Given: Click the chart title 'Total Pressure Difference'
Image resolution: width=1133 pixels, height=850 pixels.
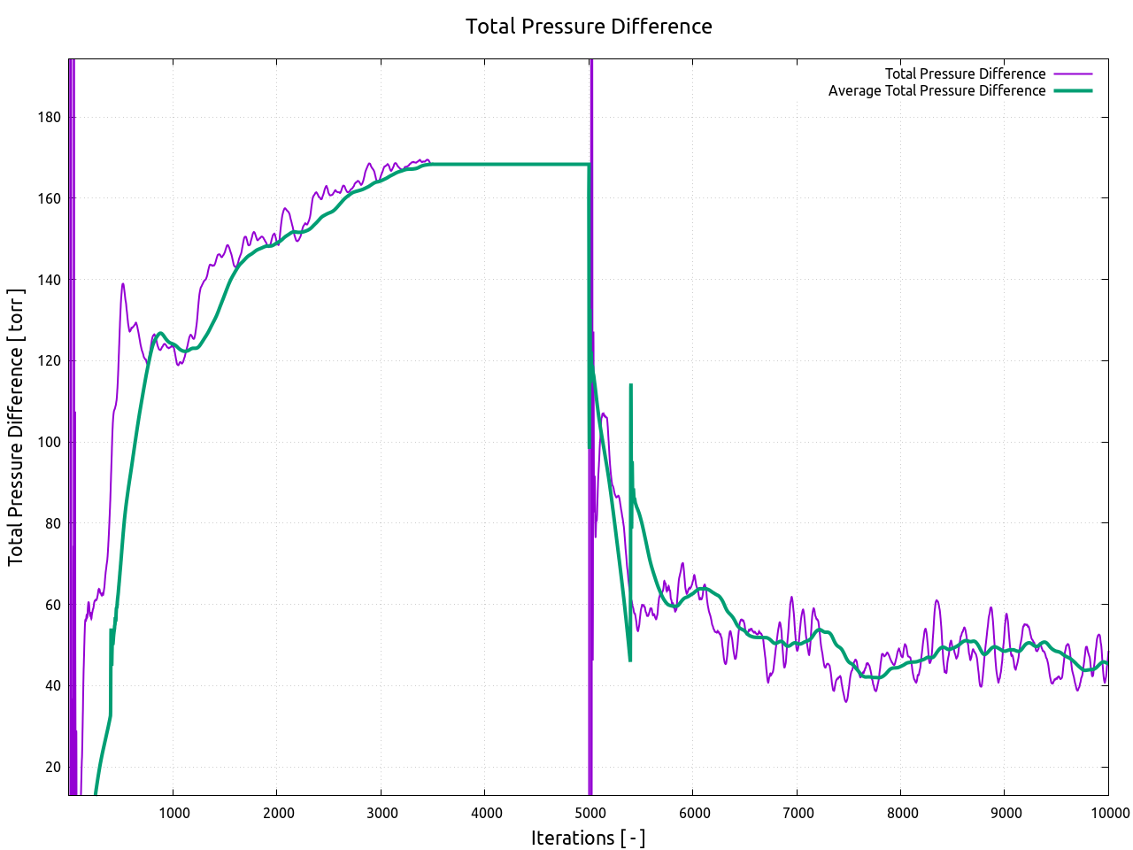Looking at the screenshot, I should click(x=589, y=27).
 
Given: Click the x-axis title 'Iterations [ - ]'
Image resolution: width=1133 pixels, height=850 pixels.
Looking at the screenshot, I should click(x=588, y=838).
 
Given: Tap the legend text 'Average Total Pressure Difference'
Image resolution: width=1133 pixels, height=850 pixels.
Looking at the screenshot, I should click(x=936, y=91).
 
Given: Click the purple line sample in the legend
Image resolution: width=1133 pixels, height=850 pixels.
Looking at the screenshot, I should click(x=1073, y=74).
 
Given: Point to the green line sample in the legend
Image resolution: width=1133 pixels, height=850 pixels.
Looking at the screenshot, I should click(x=1073, y=91).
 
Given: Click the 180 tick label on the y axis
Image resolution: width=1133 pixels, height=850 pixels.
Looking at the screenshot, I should click(x=50, y=118).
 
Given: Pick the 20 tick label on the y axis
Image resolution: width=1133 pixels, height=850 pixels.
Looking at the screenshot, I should click(x=53, y=767).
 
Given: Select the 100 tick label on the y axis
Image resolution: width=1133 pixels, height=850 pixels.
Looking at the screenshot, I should click(x=50, y=442).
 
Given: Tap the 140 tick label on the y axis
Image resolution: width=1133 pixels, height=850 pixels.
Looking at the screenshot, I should click(x=50, y=280).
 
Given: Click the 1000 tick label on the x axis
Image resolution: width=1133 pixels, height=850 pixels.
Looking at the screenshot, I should click(x=173, y=814).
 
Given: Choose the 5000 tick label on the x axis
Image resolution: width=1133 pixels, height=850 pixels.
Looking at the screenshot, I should click(x=590, y=814).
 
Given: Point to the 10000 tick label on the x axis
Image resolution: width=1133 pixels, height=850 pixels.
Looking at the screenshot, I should click(x=1108, y=814).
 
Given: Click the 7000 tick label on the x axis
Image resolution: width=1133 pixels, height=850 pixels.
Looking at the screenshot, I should click(x=798, y=814).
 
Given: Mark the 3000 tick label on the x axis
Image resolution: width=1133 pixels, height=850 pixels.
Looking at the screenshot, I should click(x=382, y=814).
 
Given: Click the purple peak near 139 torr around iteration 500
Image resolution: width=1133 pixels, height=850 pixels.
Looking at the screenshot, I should click(x=123, y=284).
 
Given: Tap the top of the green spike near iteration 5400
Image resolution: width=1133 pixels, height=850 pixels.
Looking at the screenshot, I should click(x=630, y=385).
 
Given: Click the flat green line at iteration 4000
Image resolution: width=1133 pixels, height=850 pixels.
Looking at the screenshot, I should click(x=485, y=165).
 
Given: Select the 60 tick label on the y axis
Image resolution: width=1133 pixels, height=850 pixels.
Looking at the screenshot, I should click(x=53, y=605).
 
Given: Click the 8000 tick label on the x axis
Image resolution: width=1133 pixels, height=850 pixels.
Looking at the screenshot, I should click(x=902, y=814).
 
